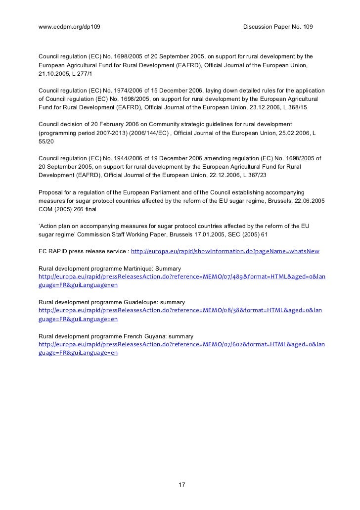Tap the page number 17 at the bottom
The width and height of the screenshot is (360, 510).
pyautogui.click(x=181, y=484)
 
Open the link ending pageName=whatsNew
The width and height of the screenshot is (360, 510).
pyautogui.click(x=225, y=252)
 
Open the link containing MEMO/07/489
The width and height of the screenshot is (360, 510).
pyautogui.click(x=181, y=277)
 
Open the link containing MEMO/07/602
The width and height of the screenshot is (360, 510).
pyautogui.click(x=181, y=344)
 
